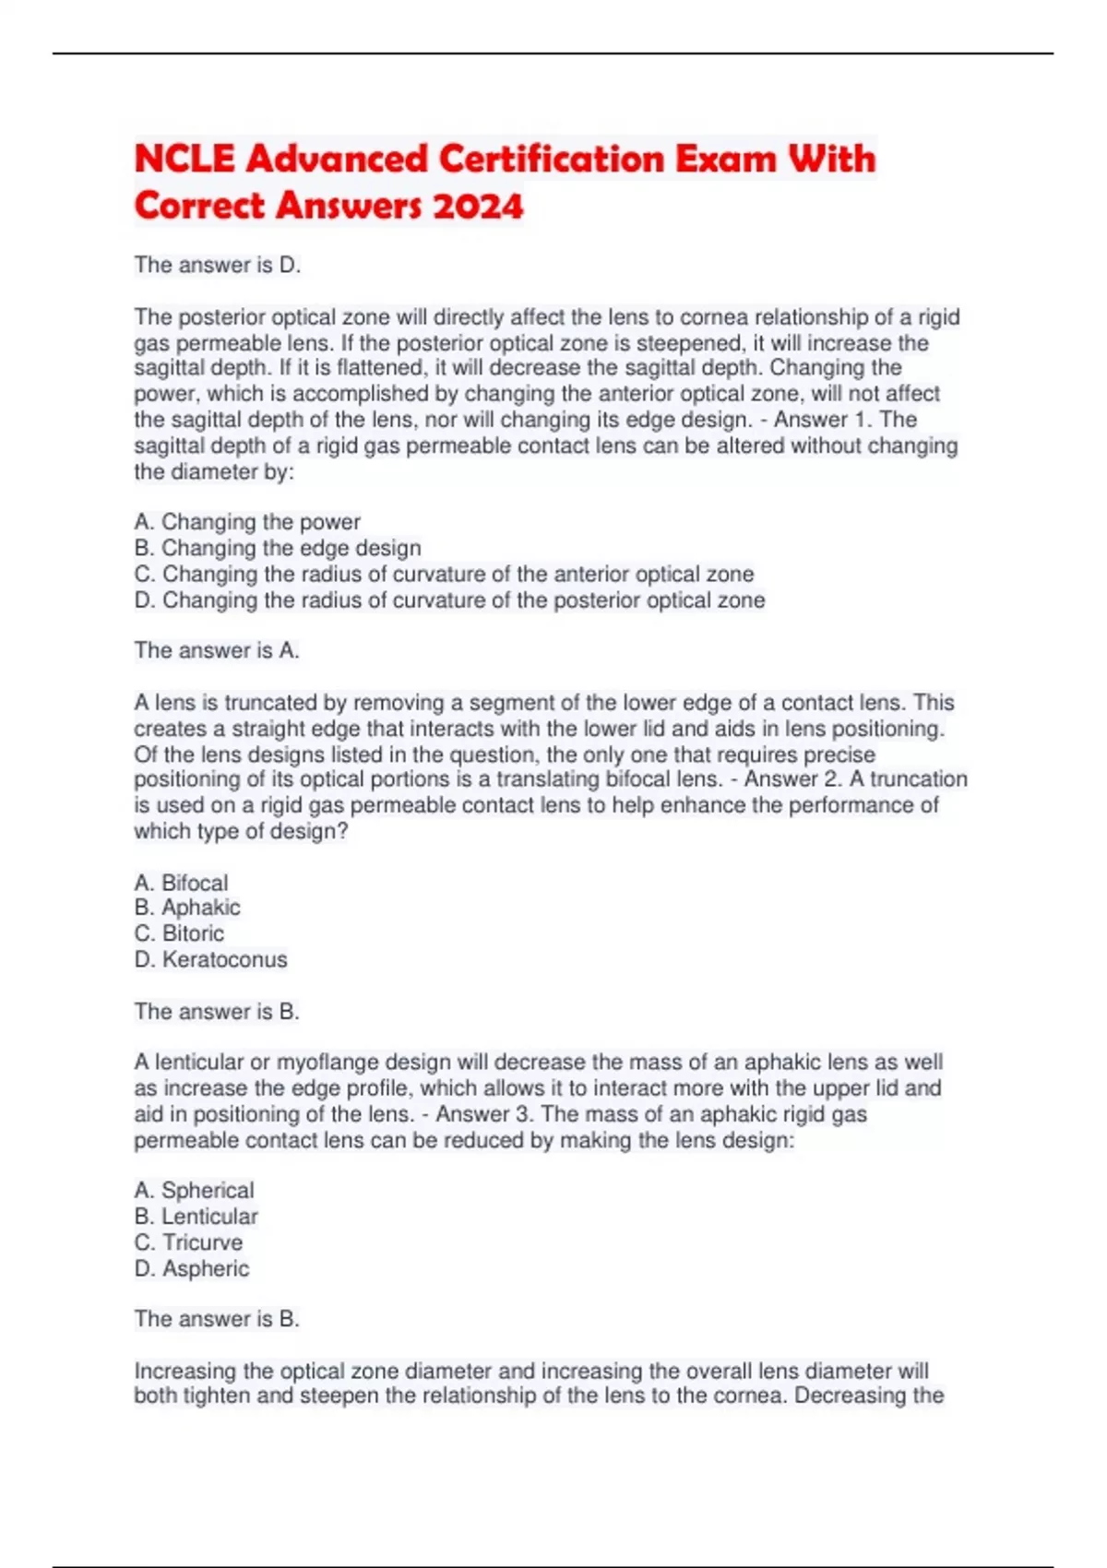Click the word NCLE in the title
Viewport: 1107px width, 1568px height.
click(x=184, y=159)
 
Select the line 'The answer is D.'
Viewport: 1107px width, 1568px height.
click(x=218, y=266)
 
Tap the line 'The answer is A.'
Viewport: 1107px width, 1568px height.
click(x=217, y=651)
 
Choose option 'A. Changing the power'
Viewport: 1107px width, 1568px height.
click(x=247, y=522)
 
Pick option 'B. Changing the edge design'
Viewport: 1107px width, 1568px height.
click(x=278, y=548)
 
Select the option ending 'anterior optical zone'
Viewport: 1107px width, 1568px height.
click(x=444, y=574)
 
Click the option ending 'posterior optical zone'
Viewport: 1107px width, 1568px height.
click(x=449, y=600)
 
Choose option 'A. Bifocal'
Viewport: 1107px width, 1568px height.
click(x=181, y=883)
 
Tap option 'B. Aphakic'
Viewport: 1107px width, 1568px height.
click(x=187, y=908)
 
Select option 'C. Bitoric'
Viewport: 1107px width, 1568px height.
click(x=179, y=933)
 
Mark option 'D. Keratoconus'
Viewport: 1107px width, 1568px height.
click(x=210, y=960)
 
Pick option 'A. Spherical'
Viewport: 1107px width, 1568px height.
click(x=194, y=1191)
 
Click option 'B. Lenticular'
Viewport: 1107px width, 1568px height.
click(x=196, y=1217)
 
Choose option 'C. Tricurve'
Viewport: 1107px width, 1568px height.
click(x=188, y=1242)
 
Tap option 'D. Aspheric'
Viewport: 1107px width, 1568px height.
click(x=192, y=1269)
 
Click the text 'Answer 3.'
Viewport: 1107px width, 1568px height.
click(x=484, y=1114)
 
